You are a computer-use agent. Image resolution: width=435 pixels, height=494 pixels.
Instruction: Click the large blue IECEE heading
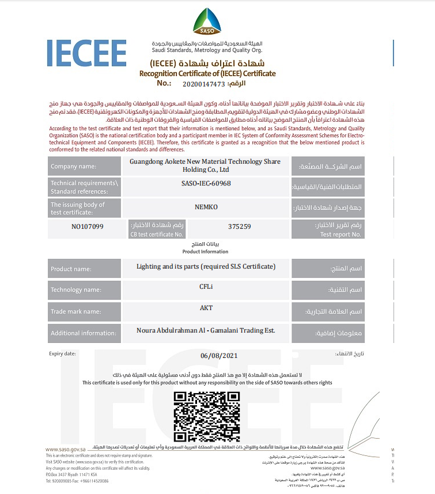tap(86, 54)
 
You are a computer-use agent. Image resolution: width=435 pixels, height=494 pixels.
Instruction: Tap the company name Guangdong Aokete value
tap(205, 165)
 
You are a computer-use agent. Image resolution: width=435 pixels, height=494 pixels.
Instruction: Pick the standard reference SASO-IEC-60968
tap(206, 183)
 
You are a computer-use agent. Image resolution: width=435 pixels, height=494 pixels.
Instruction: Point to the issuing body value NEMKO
tap(206, 206)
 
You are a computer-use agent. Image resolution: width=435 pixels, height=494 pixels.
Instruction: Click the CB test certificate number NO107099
tap(88, 227)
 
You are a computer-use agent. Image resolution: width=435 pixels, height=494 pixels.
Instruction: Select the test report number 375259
tap(239, 227)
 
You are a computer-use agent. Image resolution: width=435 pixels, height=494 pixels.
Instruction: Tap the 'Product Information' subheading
tap(205, 251)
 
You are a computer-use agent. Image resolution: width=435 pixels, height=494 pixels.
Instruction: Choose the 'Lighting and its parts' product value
tap(206, 266)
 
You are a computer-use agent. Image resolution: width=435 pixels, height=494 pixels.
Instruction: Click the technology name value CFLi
tap(206, 287)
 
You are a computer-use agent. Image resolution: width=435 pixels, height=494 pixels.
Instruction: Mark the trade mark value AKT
tap(206, 308)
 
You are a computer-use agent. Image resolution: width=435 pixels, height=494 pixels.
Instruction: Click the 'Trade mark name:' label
tap(75, 312)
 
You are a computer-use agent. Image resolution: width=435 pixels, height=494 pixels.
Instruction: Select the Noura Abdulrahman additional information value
tap(206, 330)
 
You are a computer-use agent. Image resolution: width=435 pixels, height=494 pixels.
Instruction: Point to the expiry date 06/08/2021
tap(219, 355)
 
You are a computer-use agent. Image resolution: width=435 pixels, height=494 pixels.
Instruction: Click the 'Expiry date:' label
tap(62, 353)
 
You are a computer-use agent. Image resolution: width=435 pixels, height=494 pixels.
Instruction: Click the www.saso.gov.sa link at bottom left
tap(66, 450)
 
